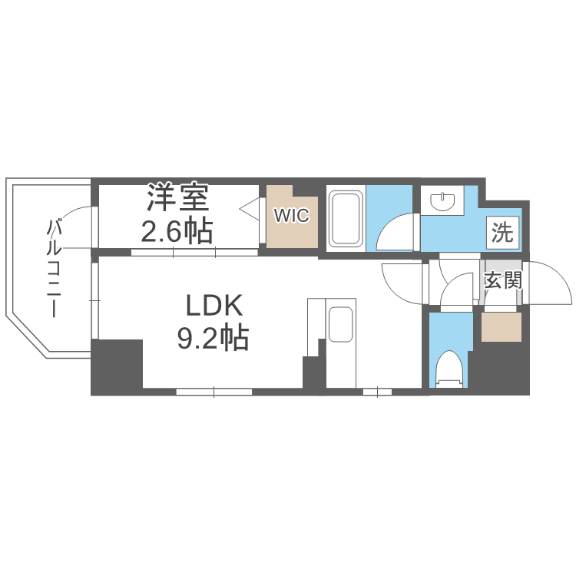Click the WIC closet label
(x=291, y=216)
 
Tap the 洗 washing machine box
(x=502, y=232)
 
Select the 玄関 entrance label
(x=502, y=280)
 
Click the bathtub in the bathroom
(x=346, y=219)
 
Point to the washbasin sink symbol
(x=443, y=203)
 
